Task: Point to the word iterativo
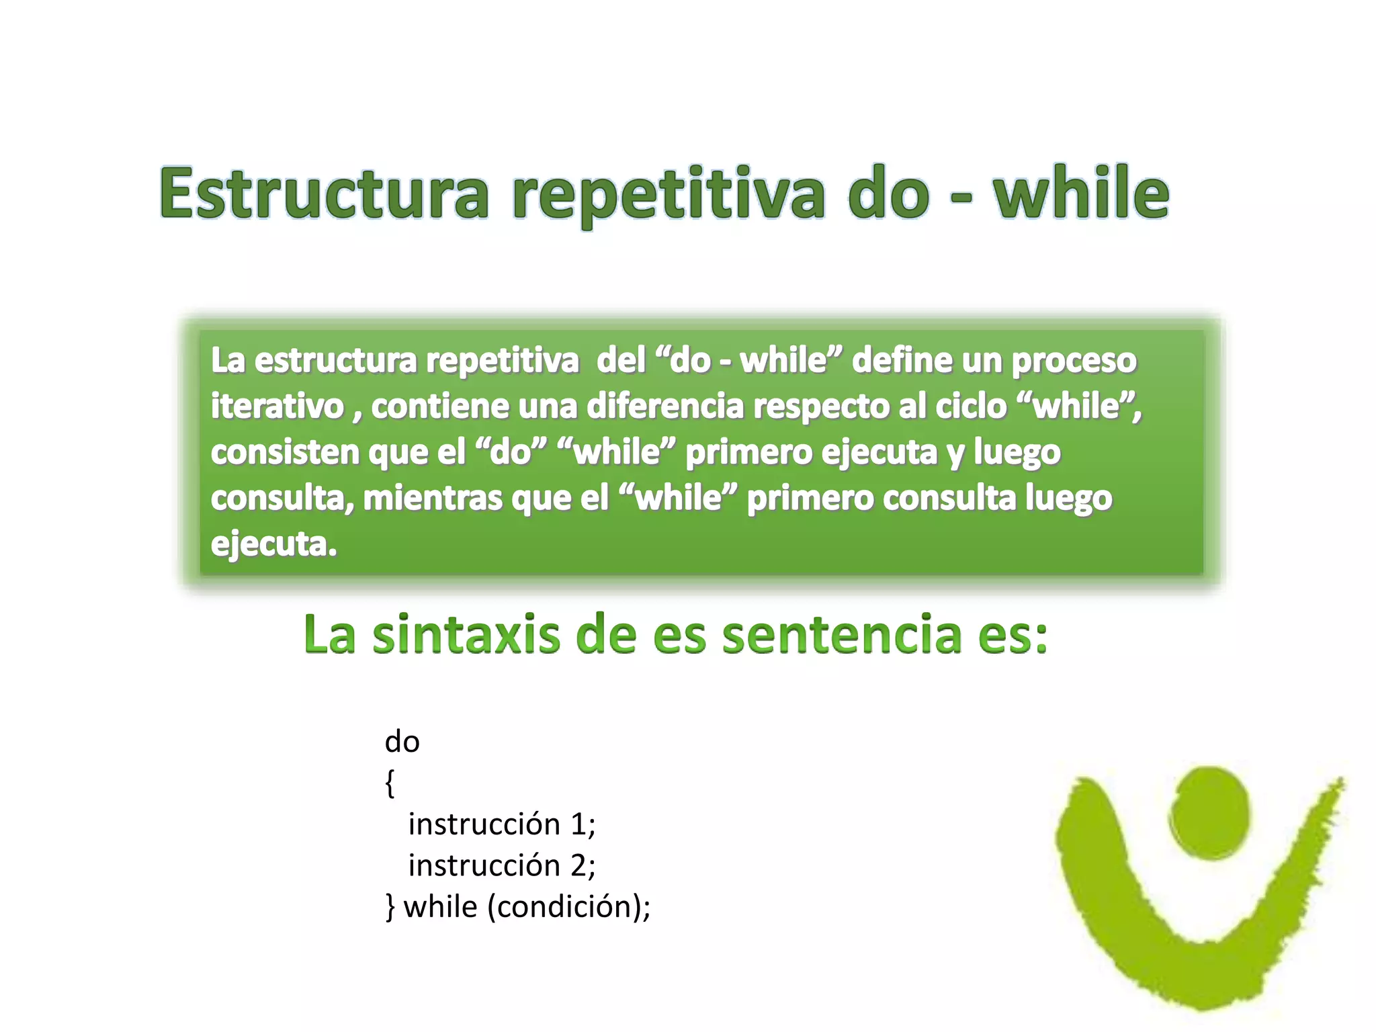[277, 406]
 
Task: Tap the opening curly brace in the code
[390, 783]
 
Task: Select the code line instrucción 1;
[501, 824]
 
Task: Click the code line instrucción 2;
[501, 865]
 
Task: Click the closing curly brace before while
[390, 907]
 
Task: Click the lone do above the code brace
[402, 742]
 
